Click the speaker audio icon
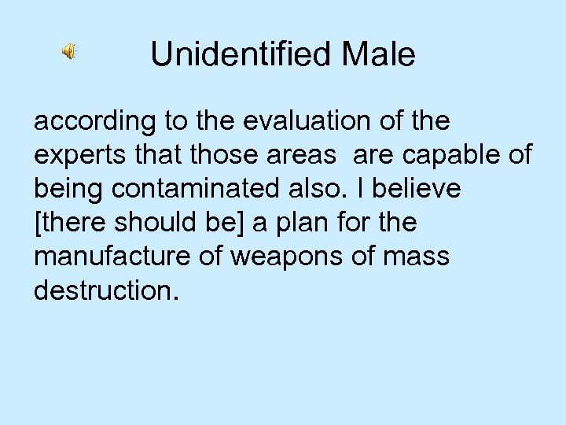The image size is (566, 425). pos(69,52)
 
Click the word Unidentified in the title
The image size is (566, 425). pos(233,54)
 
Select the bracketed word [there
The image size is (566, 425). pos(68,224)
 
